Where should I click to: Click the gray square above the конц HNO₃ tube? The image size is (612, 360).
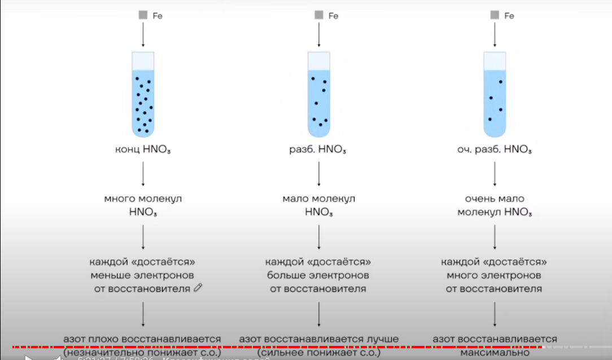(x=143, y=16)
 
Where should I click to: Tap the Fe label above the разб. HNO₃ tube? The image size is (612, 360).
(x=333, y=16)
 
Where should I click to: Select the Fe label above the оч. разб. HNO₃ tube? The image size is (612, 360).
(x=509, y=16)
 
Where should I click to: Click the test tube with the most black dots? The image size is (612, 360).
(x=143, y=94)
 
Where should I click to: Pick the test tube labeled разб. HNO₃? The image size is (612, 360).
(x=319, y=94)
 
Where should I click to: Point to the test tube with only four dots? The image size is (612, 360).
(x=495, y=94)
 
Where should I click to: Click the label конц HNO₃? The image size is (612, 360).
(x=143, y=150)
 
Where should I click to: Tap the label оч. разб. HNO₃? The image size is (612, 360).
(x=495, y=150)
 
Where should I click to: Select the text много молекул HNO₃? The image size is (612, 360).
(x=143, y=205)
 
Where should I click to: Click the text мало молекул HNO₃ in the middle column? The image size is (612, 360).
(x=319, y=205)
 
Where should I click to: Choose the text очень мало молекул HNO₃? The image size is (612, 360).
(x=495, y=205)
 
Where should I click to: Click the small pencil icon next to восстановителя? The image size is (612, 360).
(x=198, y=288)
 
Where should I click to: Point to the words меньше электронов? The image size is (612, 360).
(x=143, y=275)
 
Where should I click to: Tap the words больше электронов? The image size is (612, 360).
(x=319, y=275)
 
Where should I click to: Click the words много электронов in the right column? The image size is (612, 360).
(x=495, y=275)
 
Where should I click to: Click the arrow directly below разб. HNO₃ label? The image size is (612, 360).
(x=319, y=173)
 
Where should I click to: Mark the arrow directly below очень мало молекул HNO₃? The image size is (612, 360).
(x=495, y=237)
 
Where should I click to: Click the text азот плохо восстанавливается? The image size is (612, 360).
(x=142, y=339)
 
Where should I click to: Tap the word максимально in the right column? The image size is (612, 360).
(x=495, y=353)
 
